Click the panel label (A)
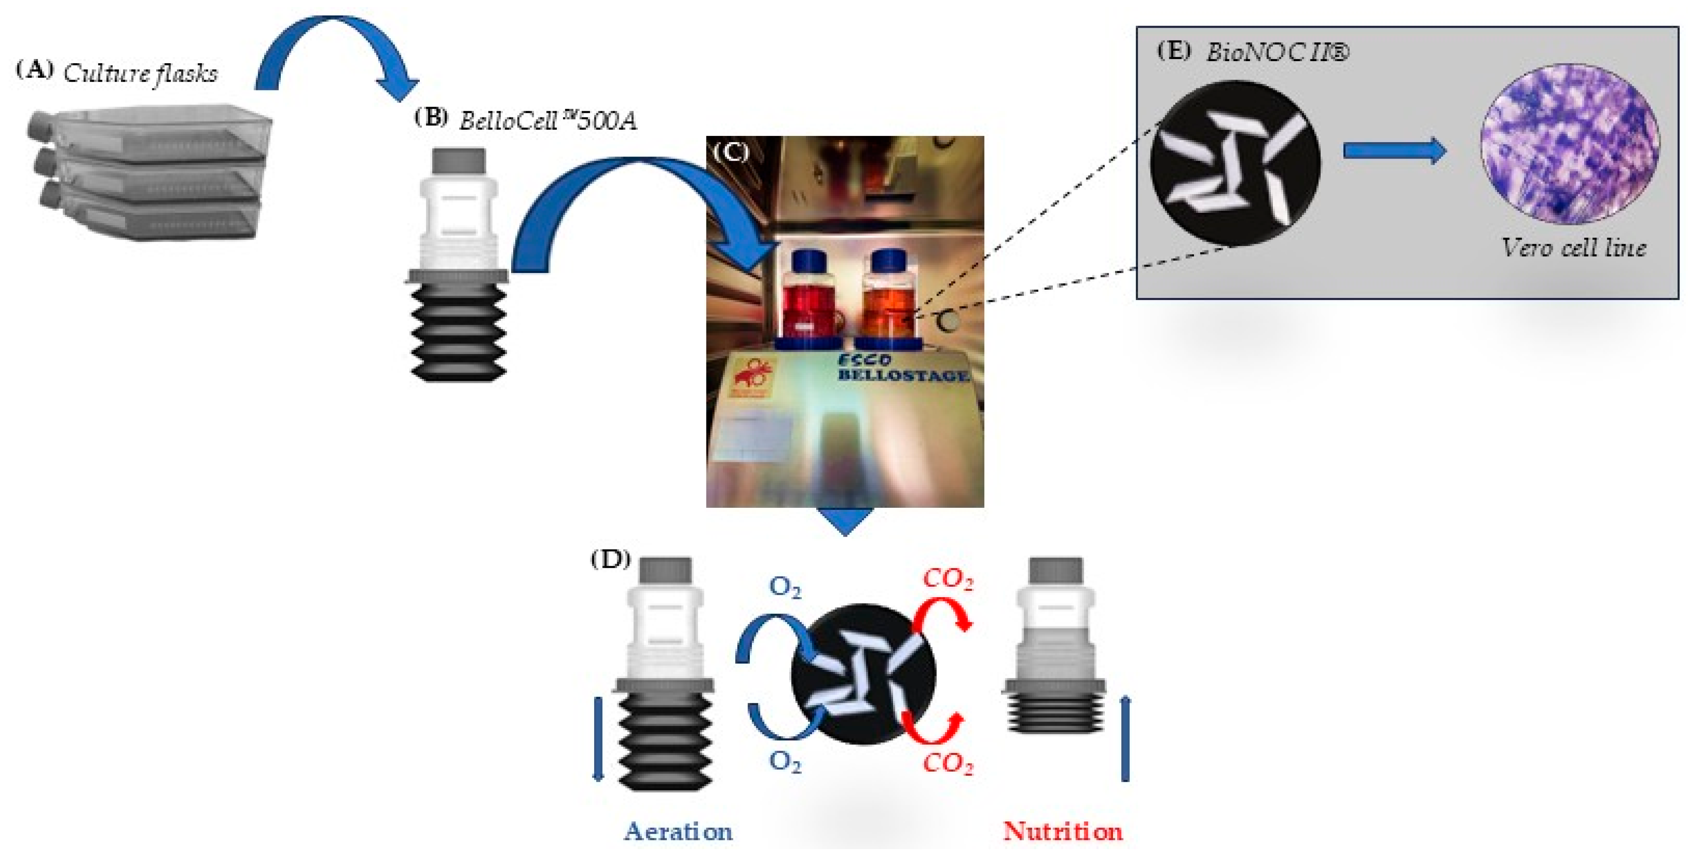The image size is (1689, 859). click(34, 69)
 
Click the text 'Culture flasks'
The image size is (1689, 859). click(140, 74)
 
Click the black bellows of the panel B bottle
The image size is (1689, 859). click(458, 331)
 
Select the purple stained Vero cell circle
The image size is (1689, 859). click(1571, 144)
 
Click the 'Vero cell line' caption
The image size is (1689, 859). click(1573, 248)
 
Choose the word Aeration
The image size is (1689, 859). click(678, 831)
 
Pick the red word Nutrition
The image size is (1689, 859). click(1063, 831)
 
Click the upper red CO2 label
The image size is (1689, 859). click(948, 579)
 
